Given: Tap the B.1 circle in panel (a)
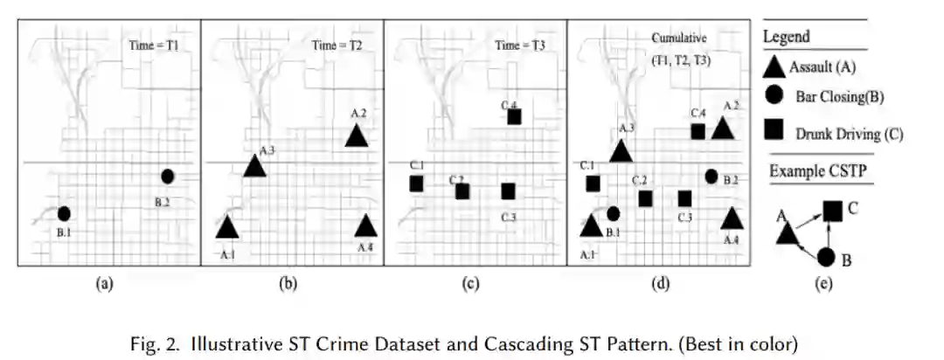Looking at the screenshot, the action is [x=64, y=213].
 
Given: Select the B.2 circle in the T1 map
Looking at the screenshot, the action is [x=168, y=177].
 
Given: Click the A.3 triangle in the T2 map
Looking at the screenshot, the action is [x=254, y=166].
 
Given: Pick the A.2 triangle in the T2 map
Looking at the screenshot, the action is [x=356, y=136].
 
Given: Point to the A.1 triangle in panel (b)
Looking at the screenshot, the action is [x=227, y=227].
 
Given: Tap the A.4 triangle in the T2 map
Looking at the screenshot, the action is [x=366, y=225].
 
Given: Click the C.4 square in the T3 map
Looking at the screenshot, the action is [x=514, y=116].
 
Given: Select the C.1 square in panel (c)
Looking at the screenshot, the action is [x=417, y=183].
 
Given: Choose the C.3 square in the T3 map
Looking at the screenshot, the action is [x=508, y=191].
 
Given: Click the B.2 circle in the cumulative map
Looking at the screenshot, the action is [x=711, y=177].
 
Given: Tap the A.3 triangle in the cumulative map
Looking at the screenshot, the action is [x=621, y=151].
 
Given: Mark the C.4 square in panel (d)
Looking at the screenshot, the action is [x=698, y=131].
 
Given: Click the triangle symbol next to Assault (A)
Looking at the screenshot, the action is [x=773, y=66].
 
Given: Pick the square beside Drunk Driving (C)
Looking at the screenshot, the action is [x=773, y=131].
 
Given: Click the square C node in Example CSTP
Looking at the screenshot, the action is [x=833, y=211].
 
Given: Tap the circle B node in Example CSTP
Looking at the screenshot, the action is [x=825, y=257].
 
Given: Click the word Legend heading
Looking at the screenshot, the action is [x=787, y=37].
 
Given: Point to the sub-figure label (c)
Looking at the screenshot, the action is [x=470, y=284].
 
